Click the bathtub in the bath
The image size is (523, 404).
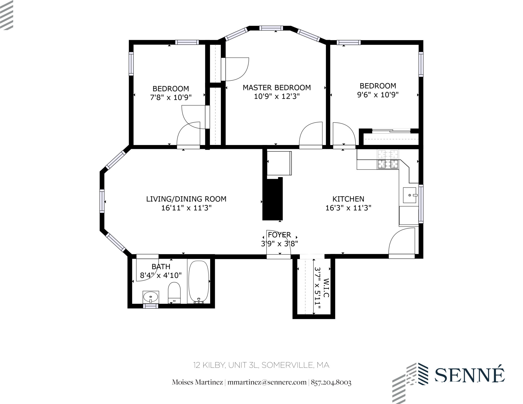click(x=198, y=281)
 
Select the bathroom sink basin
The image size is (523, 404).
click(x=151, y=297)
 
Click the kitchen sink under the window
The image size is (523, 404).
click(x=409, y=195)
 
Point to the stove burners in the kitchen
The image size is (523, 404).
click(x=388, y=159)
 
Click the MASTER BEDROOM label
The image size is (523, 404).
click(x=277, y=88)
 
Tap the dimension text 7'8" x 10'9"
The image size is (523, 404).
click(x=171, y=97)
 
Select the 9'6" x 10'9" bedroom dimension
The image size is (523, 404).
click(x=377, y=95)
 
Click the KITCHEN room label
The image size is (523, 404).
click(x=348, y=199)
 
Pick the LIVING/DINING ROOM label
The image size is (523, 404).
click(x=186, y=199)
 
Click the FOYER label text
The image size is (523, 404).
click(x=279, y=235)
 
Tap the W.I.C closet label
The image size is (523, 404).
click(x=326, y=288)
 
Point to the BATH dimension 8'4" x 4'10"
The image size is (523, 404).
click(x=161, y=275)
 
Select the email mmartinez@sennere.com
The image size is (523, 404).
click(x=267, y=382)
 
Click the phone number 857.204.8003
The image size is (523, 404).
click(x=331, y=382)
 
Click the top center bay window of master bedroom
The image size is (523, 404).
click(x=271, y=28)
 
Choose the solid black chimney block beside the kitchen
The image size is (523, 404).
click(x=272, y=199)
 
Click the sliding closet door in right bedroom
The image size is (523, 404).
click(x=391, y=131)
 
